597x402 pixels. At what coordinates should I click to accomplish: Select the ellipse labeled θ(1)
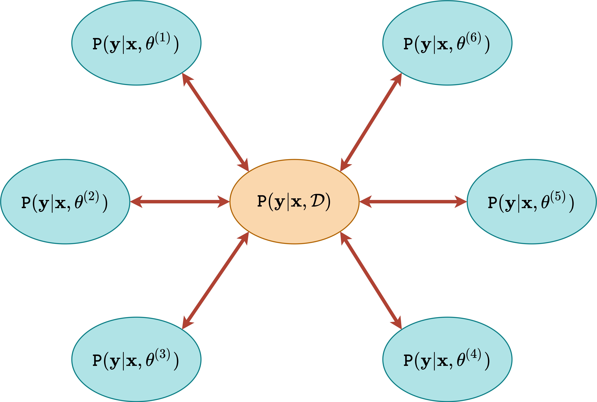(136, 64)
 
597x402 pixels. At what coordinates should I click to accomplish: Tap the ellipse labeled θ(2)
(65, 223)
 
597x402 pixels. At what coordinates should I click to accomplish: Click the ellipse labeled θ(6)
(447, 64)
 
